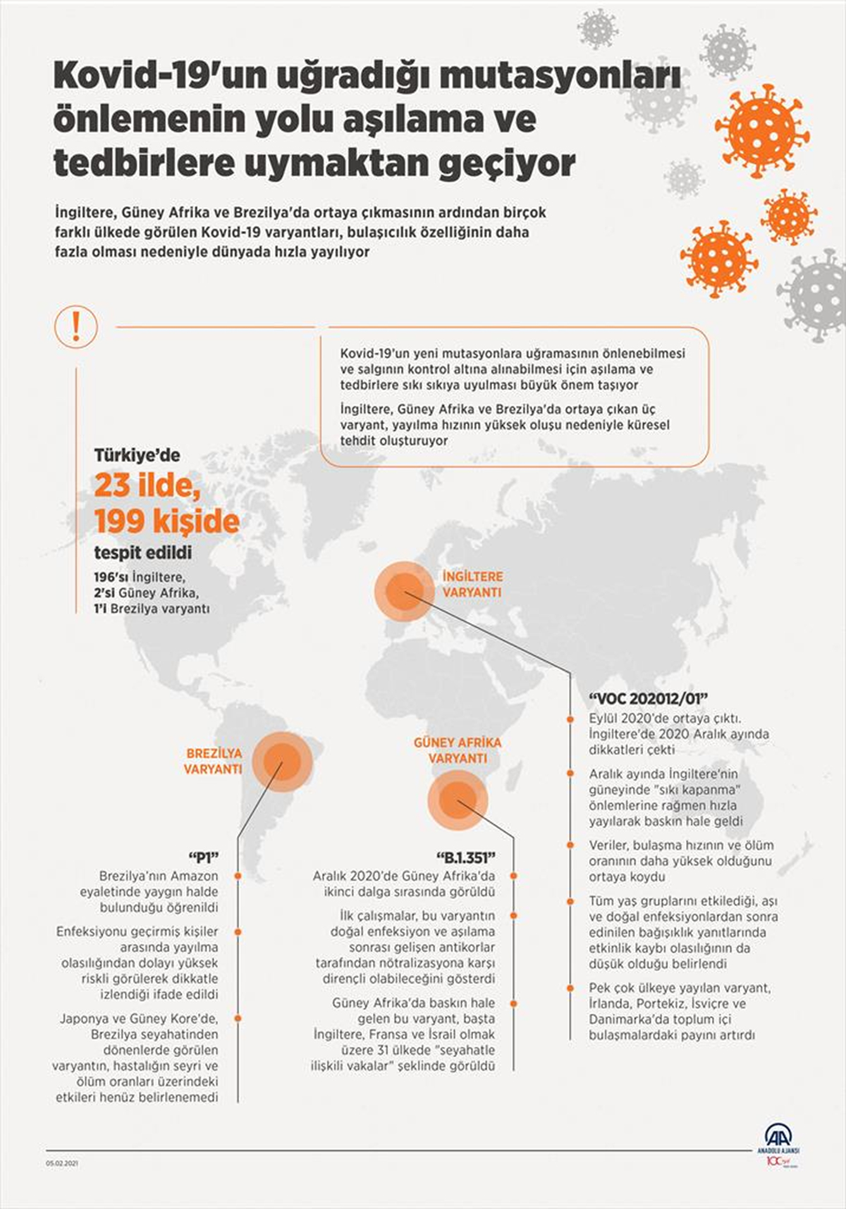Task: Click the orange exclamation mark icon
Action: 75,326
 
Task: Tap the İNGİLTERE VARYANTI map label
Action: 472,584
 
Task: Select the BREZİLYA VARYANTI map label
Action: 213,761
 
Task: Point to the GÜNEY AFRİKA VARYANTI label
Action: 458,750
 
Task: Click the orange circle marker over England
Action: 404,590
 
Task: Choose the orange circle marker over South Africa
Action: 458,798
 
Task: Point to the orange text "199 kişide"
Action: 167,521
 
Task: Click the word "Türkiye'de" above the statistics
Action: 137,455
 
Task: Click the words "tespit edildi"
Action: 143,552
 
